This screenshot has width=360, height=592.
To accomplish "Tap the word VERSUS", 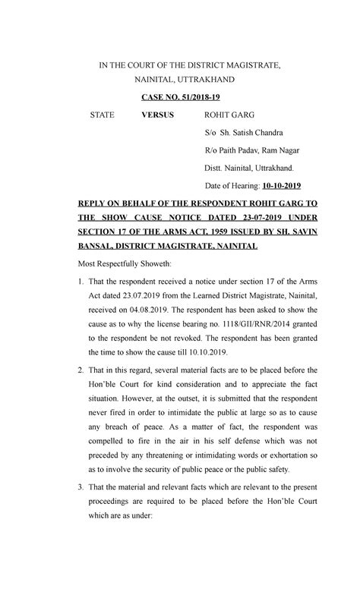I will [157, 115].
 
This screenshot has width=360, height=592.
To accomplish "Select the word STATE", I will [102, 115].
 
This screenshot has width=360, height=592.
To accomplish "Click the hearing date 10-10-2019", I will [281, 185].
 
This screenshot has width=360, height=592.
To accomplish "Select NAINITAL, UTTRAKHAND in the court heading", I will [185, 79].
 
